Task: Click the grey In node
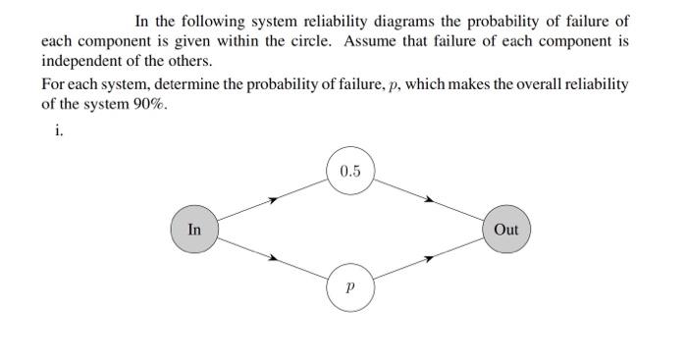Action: point(194,230)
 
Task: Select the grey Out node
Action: point(506,230)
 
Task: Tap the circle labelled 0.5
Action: point(350,172)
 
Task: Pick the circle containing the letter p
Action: point(350,287)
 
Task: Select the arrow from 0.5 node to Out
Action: point(428,200)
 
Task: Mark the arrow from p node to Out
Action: point(428,259)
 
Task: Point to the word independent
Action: point(79,61)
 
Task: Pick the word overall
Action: point(523,85)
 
